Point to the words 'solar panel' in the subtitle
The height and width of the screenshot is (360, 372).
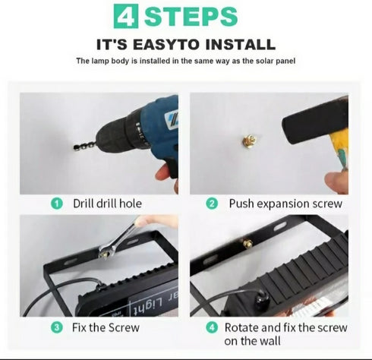[x=276, y=60]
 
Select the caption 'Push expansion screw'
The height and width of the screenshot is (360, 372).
[x=285, y=204]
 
